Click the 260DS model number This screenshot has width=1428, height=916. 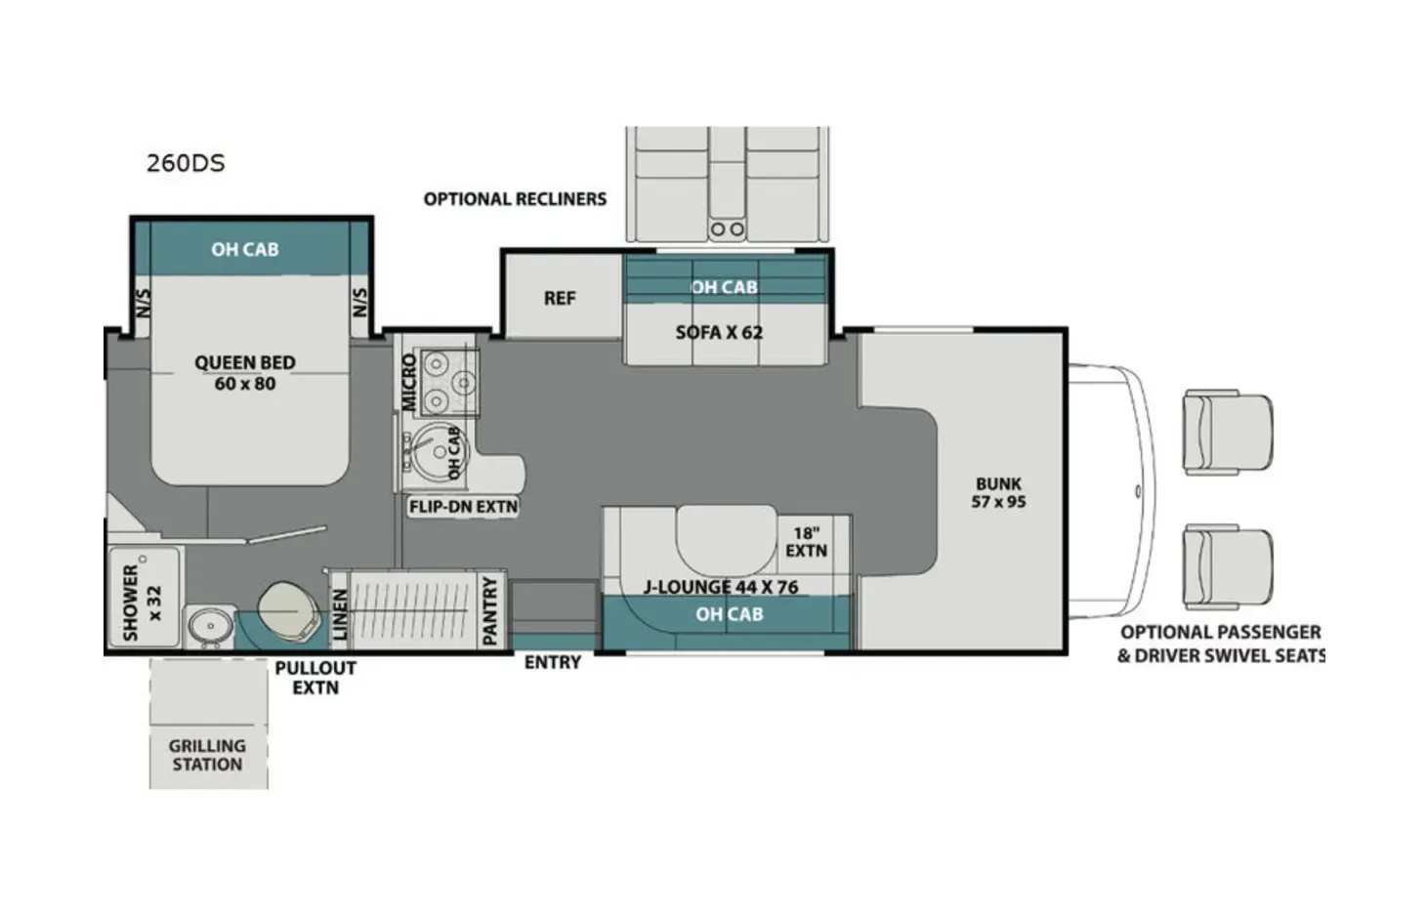pyautogui.click(x=186, y=163)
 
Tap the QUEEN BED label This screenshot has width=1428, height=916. pyautogui.click(x=244, y=373)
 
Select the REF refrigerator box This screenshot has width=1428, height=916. pyautogui.click(x=560, y=299)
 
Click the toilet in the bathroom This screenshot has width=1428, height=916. pyautogui.click(x=289, y=611)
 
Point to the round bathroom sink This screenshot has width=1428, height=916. pyautogui.click(x=206, y=626)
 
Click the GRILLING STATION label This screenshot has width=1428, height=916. pyautogui.click(x=207, y=755)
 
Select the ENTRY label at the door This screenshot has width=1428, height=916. pyautogui.click(x=552, y=662)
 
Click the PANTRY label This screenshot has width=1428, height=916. pyautogui.click(x=490, y=610)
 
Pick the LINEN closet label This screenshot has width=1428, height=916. pyautogui.click(x=340, y=614)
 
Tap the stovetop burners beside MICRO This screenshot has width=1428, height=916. pyautogui.click(x=448, y=381)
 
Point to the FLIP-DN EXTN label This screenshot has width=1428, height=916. pyautogui.click(x=463, y=507)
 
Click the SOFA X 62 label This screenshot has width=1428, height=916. pyautogui.click(x=719, y=333)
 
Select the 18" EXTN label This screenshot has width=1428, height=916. pyautogui.click(x=806, y=542)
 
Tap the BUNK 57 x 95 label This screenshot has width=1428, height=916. pyautogui.click(x=998, y=492)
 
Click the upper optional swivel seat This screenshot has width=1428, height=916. pyautogui.click(x=1227, y=432)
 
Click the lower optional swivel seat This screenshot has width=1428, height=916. pyautogui.click(x=1227, y=567)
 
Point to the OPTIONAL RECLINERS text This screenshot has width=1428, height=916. pyautogui.click(x=515, y=199)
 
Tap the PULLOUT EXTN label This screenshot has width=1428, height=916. pyautogui.click(x=315, y=678)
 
